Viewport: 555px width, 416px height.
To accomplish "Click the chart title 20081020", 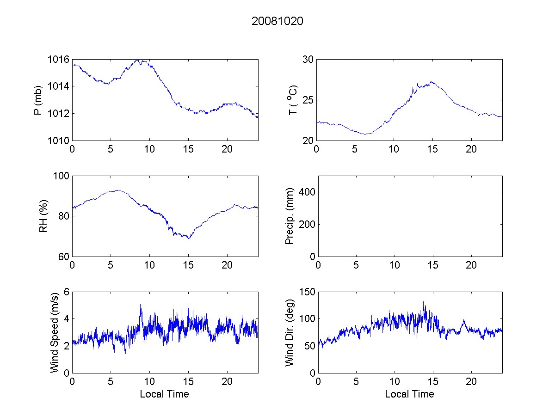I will pos(277,21).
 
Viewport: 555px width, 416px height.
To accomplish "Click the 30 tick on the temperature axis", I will pos(308,60).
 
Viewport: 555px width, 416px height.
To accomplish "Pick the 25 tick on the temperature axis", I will pos(308,100).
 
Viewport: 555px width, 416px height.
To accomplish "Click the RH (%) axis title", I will pos(43,216).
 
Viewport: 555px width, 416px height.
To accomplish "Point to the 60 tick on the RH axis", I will pos(64,257).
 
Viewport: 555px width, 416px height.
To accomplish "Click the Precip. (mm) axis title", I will pos(290,216).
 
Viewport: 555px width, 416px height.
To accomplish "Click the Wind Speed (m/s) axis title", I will pos(55,332).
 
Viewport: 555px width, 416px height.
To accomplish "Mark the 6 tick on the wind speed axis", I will pos(66,292).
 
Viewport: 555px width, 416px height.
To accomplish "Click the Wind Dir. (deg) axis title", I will pos(290,332).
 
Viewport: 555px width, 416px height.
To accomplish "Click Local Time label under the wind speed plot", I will pos(164,394).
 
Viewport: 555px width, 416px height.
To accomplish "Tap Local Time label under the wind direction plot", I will pos(409,394).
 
